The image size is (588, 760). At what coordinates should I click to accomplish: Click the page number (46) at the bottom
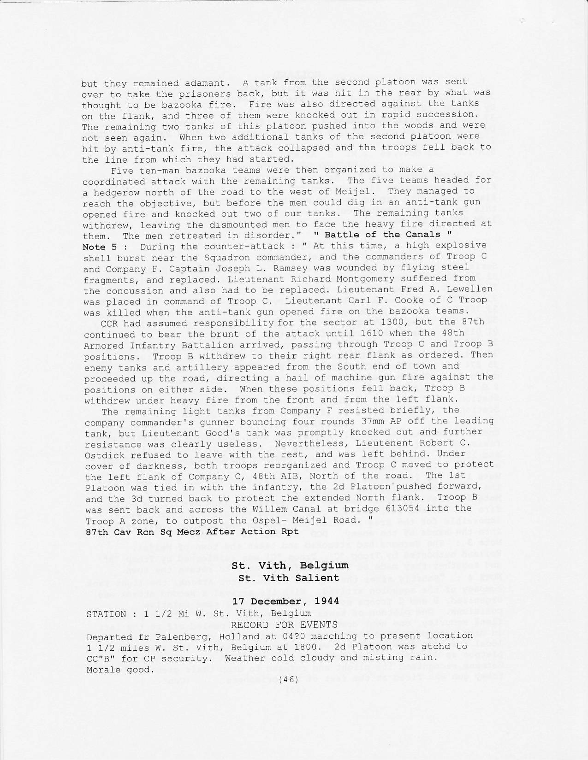[289, 679]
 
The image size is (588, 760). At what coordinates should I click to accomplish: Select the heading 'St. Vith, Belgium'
[290, 566]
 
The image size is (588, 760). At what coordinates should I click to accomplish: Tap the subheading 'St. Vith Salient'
[289, 577]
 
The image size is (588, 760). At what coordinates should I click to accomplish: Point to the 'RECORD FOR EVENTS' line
[284, 625]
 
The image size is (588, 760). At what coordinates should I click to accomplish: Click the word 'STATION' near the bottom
[106, 614]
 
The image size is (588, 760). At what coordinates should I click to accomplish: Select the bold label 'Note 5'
[99, 247]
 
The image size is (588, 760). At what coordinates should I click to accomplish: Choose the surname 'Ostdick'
[106, 455]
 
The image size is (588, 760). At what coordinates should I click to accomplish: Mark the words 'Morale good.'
[120, 670]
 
